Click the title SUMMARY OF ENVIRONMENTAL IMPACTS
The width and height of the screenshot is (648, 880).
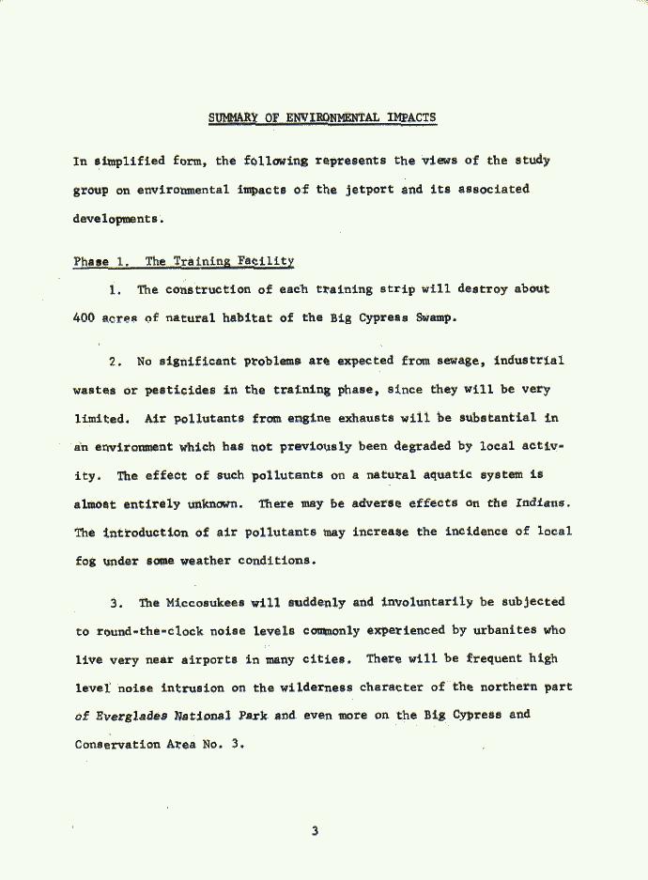click(322, 117)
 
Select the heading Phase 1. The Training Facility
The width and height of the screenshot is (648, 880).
click(183, 261)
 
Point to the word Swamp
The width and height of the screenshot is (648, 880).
click(437, 317)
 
